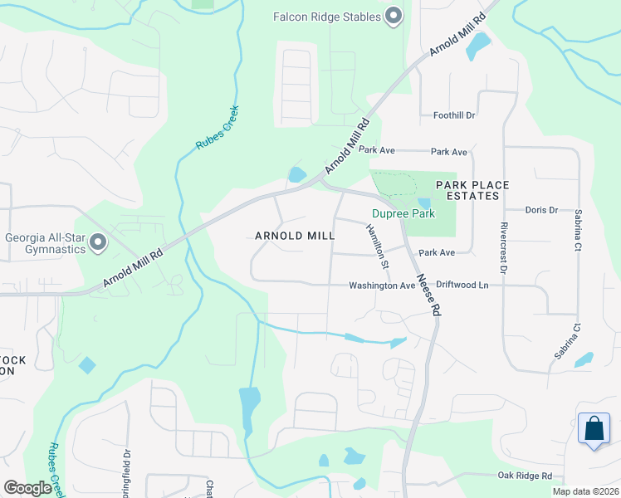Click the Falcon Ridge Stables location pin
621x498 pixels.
click(394, 16)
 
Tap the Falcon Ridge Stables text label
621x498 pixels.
click(328, 17)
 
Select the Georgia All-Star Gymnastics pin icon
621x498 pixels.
click(99, 242)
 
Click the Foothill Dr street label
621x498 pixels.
click(454, 115)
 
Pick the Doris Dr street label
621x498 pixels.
click(541, 210)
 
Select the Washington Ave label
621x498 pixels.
click(381, 286)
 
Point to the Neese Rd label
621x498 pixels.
click(428, 295)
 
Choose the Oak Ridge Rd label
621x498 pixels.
click(525, 476)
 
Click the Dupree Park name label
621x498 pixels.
click(403, 213)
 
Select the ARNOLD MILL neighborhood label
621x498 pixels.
click(295, 236)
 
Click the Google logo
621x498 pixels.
click(27, 488)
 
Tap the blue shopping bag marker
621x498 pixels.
click(594, 430)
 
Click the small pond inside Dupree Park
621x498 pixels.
click(425, 203)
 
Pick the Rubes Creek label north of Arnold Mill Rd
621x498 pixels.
click(218, 128)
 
